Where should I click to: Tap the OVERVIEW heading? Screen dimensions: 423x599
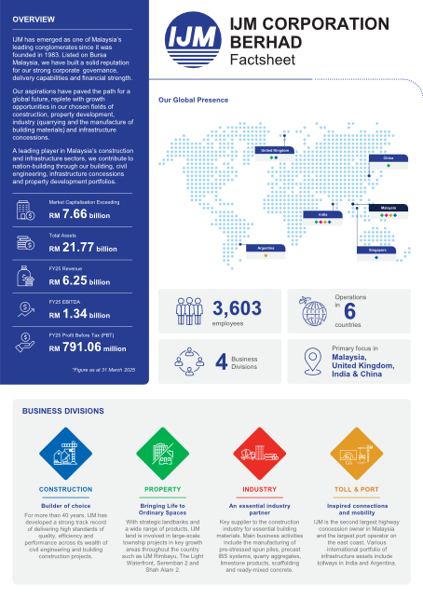[x=34, y=20]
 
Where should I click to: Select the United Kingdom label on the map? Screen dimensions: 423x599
[x=274, y=149]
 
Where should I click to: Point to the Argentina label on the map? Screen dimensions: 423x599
[x=262, y=249]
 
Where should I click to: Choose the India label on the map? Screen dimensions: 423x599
[x=322, y=214]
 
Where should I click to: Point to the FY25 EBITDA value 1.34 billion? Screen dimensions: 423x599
[x=85, y=316]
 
